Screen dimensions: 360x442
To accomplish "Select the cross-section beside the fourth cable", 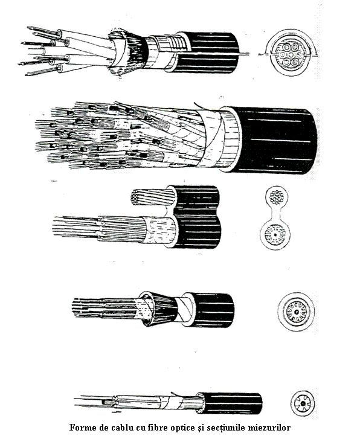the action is (x=296, y=312).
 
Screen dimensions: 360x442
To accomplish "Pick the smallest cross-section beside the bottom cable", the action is (x=303, y=403).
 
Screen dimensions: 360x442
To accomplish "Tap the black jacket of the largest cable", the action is (x=275, y=140).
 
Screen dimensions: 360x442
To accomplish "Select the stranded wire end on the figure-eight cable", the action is (x=152, y=196).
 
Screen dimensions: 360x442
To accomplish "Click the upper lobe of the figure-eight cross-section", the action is (x=277, y=196).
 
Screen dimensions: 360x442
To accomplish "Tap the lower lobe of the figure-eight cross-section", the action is (x=275, y=235).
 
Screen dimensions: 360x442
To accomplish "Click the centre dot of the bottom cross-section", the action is (x=303, y=403).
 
